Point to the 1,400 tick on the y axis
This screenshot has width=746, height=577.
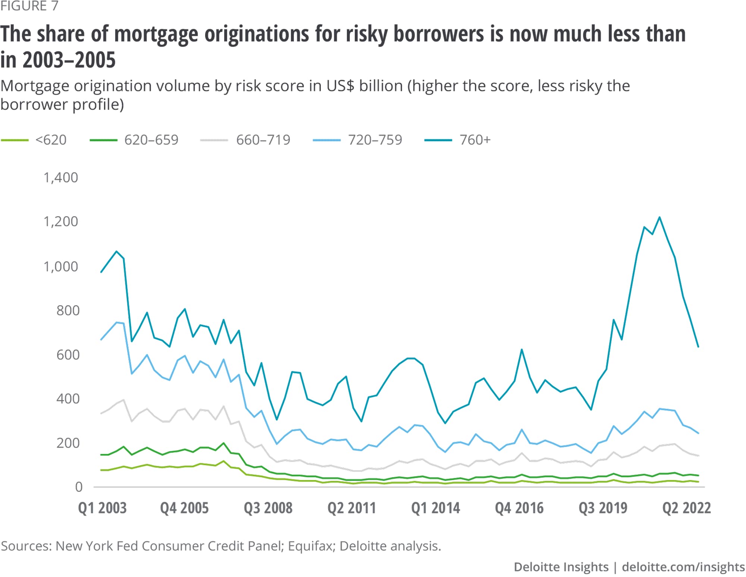tap(61, 178)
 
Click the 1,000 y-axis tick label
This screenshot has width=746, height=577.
tap(61, 267)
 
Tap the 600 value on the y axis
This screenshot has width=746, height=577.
tap(68, 355)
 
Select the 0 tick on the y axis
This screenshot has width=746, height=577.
tap(79, 487)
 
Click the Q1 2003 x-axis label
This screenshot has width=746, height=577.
tap(102, 508)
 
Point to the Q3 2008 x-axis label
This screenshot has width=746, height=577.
tap(268, 508)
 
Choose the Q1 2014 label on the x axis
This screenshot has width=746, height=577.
tap(435, 508)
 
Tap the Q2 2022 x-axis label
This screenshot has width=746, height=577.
tap(686, 508)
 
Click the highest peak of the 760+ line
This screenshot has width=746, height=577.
tap(659, 217)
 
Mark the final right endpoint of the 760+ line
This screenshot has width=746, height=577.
tap(698, 347)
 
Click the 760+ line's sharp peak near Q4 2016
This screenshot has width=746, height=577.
tap(522, 350)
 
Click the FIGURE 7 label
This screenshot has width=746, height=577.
tap(29, 6)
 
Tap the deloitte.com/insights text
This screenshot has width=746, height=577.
tap(683, 567)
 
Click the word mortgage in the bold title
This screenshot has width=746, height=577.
tap(156, 34)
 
